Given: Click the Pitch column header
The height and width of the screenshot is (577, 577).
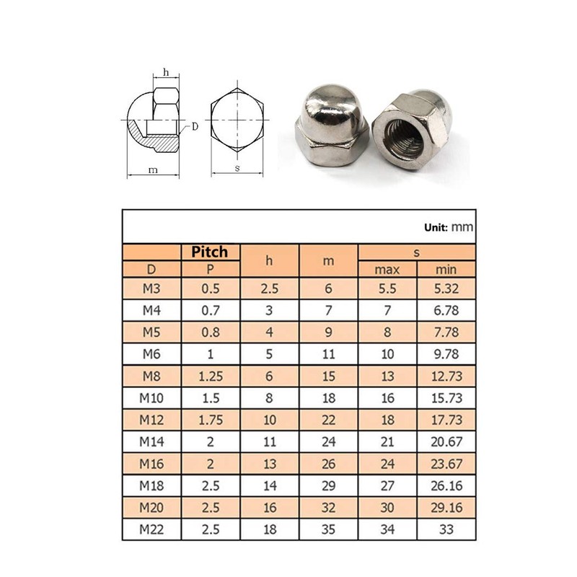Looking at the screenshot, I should [209, 252].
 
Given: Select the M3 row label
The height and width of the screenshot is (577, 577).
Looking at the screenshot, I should [151, 288].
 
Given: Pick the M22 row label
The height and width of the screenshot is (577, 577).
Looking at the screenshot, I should [151, 529].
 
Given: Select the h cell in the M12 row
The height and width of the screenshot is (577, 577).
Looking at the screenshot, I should [269, 419].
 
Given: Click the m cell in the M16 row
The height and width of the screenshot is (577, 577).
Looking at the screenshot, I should [328, 463].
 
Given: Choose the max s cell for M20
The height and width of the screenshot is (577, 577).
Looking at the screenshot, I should [387, 507].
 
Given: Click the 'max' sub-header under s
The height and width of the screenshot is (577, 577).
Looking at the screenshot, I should [387, 270].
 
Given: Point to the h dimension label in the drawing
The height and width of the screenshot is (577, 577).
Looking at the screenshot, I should [166, 72].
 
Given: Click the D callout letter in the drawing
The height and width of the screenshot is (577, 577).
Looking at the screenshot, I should [195, 126].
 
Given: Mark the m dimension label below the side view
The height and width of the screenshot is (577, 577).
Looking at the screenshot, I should [152, 170].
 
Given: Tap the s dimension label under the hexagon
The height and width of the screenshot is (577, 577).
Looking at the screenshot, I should [237, 168].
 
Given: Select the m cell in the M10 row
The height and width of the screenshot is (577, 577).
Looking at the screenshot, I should [328, 397].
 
